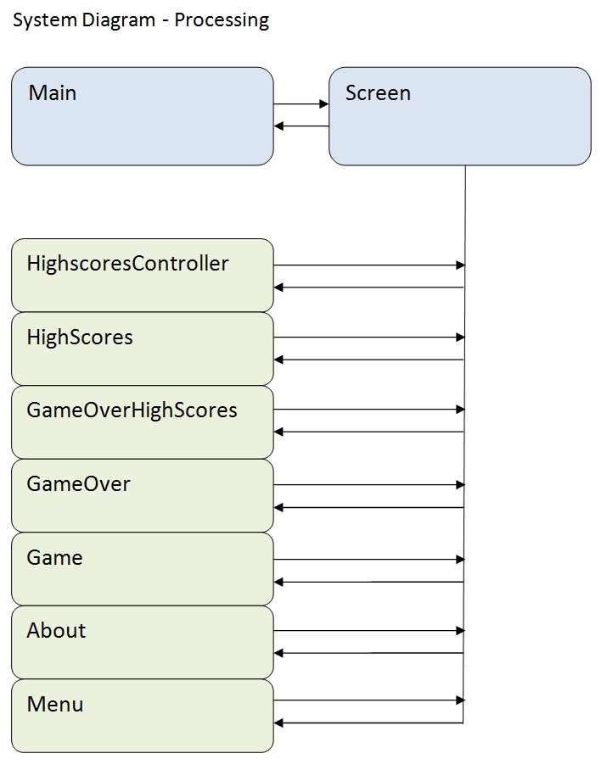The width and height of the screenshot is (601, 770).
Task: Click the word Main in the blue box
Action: tap(53, 93)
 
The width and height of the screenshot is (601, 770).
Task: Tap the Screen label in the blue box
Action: tap(378, 93)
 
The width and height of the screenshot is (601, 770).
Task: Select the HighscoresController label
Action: tap(127, 264)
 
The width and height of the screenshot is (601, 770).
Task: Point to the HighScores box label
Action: tap(80, 338)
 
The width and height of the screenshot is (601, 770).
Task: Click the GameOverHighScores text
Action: tap(132, 410)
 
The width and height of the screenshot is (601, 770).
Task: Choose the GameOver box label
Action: tap(78, 484)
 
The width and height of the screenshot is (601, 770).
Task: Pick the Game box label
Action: tap(54, 558)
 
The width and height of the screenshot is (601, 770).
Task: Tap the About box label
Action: tap(56, 631)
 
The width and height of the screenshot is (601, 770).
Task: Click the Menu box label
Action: tap(55, 705)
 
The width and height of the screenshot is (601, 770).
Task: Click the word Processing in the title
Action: tap(222, 20)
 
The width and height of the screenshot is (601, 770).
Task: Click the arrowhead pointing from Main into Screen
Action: tap(323, 104)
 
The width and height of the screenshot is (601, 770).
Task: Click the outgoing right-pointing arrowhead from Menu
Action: tap(460, 700)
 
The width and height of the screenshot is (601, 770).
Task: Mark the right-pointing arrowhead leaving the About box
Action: tap(460, 631)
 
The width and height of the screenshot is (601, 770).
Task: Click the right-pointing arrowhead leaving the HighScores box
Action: tap(460, 338)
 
